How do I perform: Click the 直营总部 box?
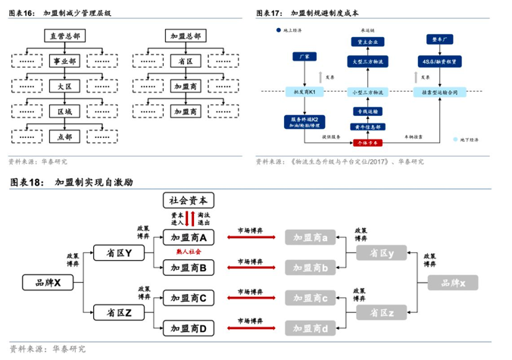(x=64, y=36)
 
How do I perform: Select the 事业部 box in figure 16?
(x=64, y=61)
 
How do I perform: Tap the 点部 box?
(x=64, y=137)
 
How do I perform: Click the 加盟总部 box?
(x=186, y=36)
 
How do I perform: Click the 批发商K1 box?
(x=304, y=92)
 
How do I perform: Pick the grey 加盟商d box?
(x=310, y=327)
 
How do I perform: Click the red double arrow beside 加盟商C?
(x=250, y=298)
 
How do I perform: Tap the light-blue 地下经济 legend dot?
(x=455, y=140)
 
